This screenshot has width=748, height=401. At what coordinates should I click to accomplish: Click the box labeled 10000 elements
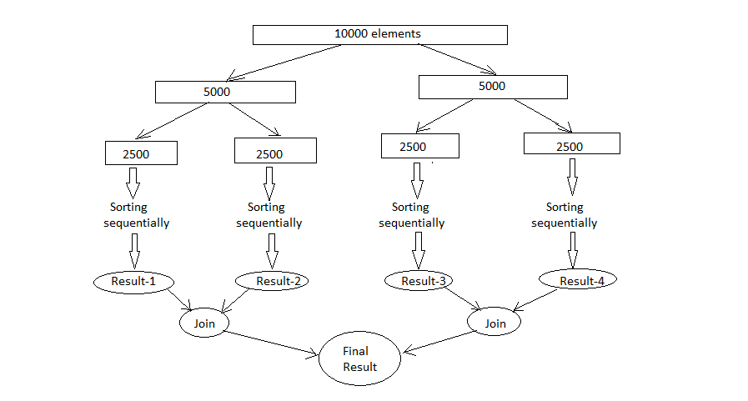coord(379,34)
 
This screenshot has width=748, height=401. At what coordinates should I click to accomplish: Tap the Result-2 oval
coord(272,281)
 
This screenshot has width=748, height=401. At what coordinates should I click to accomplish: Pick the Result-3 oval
coord(419,281)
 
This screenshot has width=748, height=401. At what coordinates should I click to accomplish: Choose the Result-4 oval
coord(576,280)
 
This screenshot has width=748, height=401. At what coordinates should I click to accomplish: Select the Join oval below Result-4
coord(494,322)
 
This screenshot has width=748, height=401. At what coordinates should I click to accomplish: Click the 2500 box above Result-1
coord(141,153)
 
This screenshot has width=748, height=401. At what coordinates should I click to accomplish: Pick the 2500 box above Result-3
coord(419,146)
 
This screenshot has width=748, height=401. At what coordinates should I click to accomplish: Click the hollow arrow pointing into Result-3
coord(419,249)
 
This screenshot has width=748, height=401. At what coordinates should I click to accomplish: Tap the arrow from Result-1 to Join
coord(183,298)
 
